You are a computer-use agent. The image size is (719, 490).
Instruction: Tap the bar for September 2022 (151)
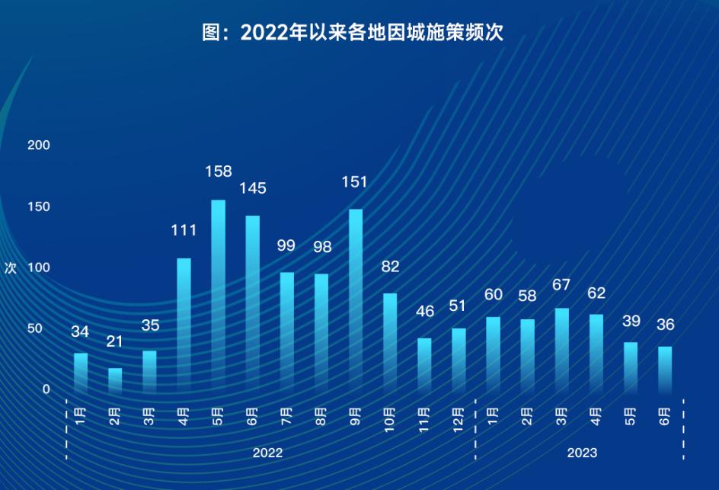pyautogui.click(x=356, y=300)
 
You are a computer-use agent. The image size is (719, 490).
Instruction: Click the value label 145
pyautogui.click(x=253, y=187)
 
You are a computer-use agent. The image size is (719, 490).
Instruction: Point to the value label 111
pyautogui.click(x=184, y=230)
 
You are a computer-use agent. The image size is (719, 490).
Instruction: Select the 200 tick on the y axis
pyautogui.click(x=38, y=145)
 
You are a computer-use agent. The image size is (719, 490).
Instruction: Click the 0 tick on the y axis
pyautogui.click(x=46, y=389)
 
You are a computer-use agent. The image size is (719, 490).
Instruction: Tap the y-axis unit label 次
pyautogui.click(x=10, y=268)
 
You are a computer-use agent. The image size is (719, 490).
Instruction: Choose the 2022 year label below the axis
pyautogui.click(x=267, y=453)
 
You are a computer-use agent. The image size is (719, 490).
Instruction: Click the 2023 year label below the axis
pyautogui.click(x=582, y=453)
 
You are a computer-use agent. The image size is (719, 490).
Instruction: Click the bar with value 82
pyautogui.click(x=390, y=342)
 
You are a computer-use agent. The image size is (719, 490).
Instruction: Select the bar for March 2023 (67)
pyautogui.click(x=562, y=350)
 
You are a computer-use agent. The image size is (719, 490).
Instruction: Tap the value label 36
pyautogui.click(x=665, y=325)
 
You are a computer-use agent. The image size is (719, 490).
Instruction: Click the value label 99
pyautogui.click(x=286, y=245)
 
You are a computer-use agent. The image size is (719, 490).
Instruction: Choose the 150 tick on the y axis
pyautogui.click(x=38, y=207)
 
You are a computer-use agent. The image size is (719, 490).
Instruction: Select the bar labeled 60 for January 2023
pyautogui.click(x=493, y=354)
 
